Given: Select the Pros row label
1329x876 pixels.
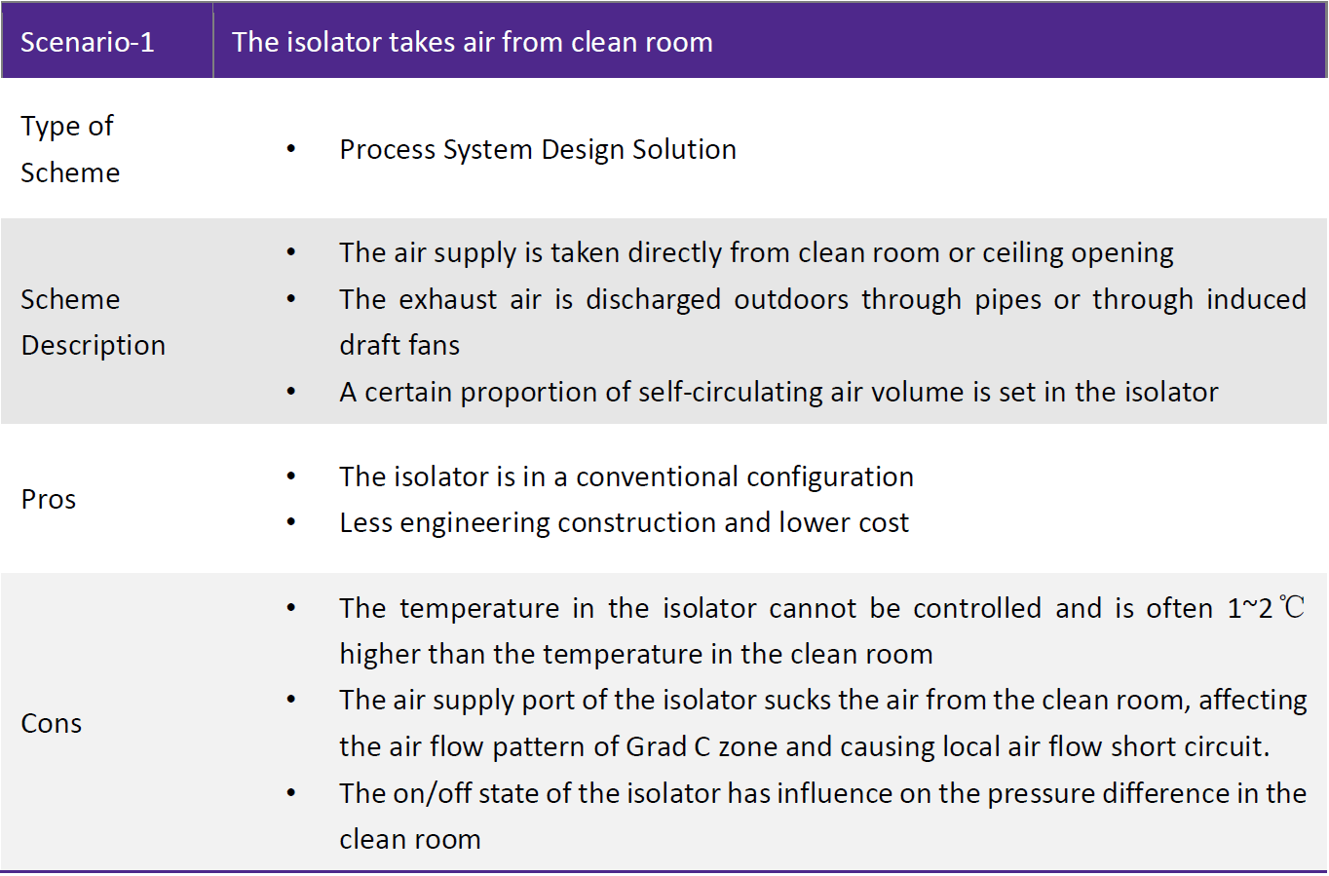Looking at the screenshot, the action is coord(49,499).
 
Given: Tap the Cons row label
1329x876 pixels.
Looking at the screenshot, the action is coord(51,723).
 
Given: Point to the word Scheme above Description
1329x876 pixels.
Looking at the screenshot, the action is coord(70,299).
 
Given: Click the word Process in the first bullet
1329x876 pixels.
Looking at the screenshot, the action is coord(386,149).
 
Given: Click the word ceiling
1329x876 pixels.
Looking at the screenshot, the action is coord(1023,253).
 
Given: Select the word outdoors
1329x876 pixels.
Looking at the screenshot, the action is coord(791,299).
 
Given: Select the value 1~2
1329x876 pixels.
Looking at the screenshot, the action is coord(1249,608).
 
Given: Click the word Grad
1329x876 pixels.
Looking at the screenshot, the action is coord(656,746).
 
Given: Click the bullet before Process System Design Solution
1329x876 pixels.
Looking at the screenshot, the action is coord(290,149).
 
